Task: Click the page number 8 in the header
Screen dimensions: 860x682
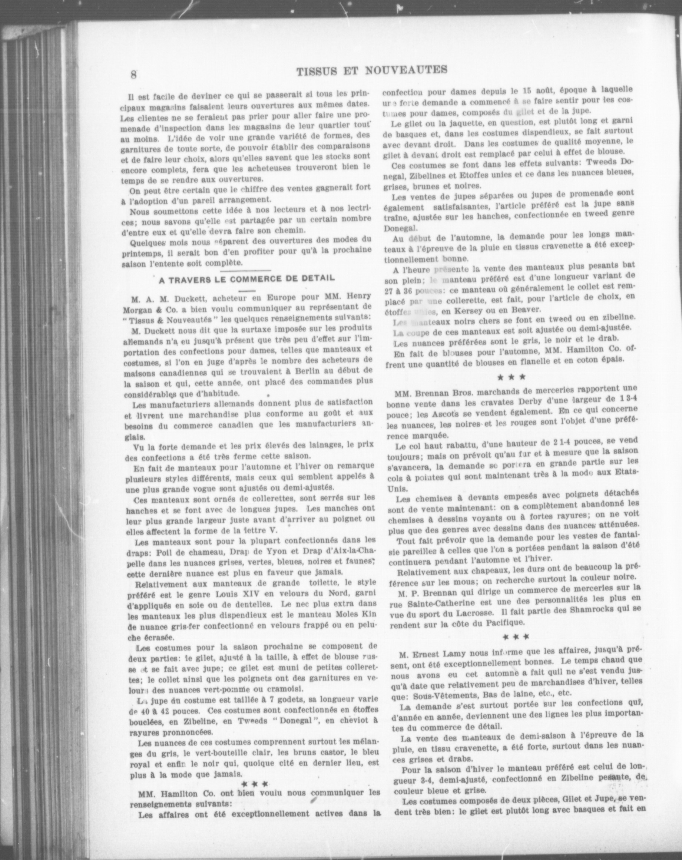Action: (x=133, y=74)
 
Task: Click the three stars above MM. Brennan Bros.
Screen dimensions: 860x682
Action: (x=511, y=376)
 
